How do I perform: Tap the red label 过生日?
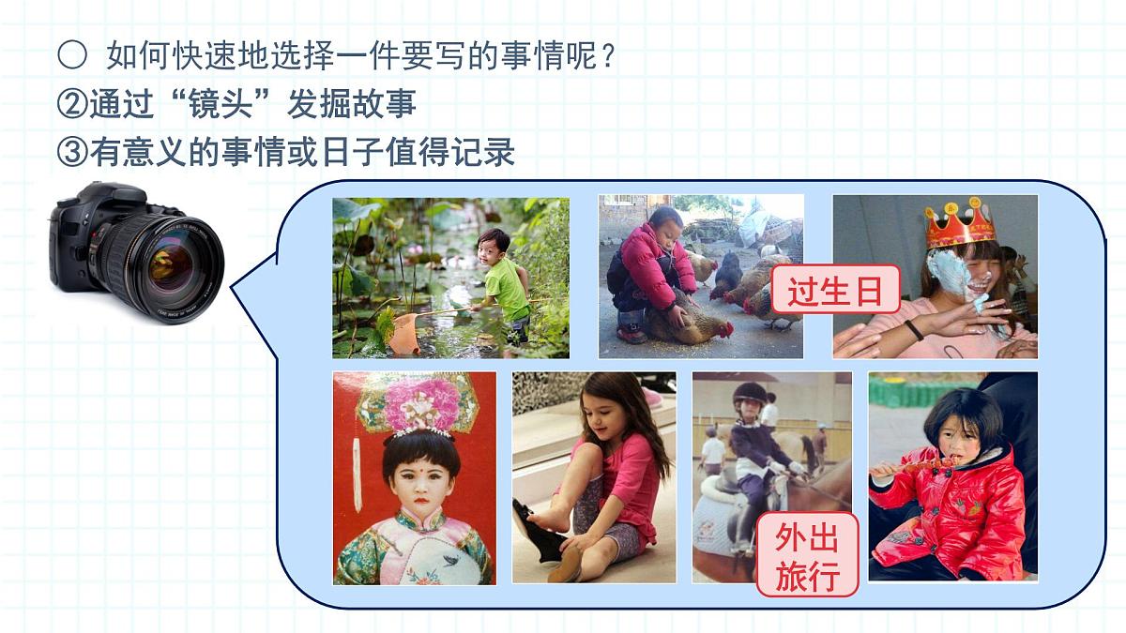pos(835,293)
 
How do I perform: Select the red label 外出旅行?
pos(807,555)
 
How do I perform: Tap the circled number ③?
pos(72,152)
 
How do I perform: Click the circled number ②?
pos(72,104)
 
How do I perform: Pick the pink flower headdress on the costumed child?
pos(423,405)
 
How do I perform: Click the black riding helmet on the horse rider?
pos(749,394)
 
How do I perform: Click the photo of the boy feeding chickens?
pos(701,276)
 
